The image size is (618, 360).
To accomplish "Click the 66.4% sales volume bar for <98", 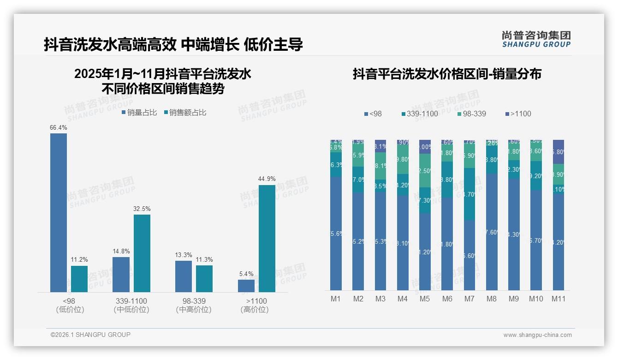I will [59, 212].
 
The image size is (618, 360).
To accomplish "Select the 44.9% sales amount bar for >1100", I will [267, 238].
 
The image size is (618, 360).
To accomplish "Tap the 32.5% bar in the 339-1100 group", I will [142, 253].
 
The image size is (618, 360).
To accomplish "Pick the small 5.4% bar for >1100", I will [246, 286].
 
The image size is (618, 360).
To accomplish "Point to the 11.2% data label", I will [79, 260].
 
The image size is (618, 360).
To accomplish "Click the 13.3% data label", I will [184, 255].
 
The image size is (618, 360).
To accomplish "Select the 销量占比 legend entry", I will [139, 113].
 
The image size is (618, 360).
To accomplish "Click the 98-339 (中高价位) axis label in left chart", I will [194, 305].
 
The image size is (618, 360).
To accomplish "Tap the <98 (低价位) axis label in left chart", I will [70, 305].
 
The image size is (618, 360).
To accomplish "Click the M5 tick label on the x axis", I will [425, 299].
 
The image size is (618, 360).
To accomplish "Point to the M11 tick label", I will [559, 299].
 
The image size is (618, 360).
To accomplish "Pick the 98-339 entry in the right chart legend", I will [471, 114].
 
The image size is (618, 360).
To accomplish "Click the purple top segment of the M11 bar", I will [559, 151].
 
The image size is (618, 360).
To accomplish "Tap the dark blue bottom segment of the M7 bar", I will [469, 255].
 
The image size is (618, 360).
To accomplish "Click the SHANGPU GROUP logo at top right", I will [536, 39].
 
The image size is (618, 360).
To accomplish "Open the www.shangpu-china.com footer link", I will [537, 335].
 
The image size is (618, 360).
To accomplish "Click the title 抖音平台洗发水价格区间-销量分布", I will [446, 74].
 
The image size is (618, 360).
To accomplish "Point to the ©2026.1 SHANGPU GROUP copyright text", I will [90, 335].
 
